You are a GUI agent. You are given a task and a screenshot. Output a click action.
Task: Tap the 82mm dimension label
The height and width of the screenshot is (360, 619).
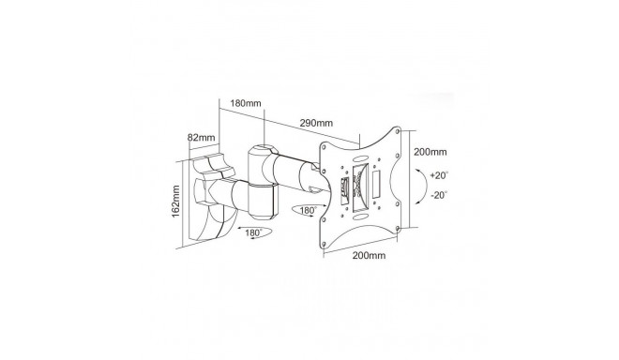click(201, 138)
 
